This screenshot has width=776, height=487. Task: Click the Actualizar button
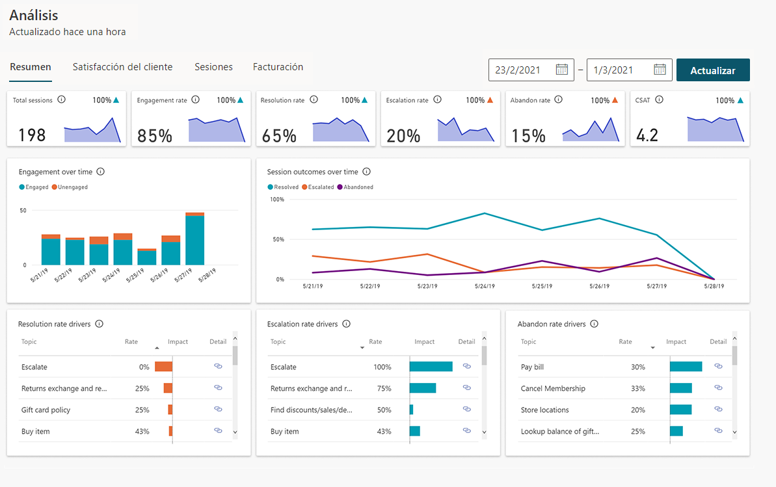click(x=713, y=70)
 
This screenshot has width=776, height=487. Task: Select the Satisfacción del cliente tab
click(x=122, y=67)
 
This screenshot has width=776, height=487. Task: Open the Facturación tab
click(x=278, y=67)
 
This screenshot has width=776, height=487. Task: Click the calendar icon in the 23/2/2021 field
click(x=562, y=70)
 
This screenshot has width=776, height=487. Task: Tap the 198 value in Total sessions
click(x=32, y=135)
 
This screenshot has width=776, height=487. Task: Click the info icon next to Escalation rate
click(x=437, y=100)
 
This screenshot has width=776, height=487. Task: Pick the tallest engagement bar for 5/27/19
click(x=194, y=240)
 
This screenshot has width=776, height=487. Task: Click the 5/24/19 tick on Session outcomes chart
click(x=485, y=286)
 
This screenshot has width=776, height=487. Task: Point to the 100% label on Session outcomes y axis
click(x=276, y=200)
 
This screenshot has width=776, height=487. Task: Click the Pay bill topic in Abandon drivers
click(x=532, y=367)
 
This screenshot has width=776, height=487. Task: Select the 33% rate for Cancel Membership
click(x=637, y=389)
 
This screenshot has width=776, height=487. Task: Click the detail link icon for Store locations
click(x=718, y=410)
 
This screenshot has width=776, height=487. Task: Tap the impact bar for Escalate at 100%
click(x=431, y=367)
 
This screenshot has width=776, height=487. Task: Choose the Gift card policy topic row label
click(x=46, y=410)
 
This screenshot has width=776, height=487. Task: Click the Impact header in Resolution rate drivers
click(x=178, y=342)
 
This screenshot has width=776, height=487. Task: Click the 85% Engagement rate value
click(x=155, y=136)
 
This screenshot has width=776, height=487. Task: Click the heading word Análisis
click(x=34, y=16)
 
